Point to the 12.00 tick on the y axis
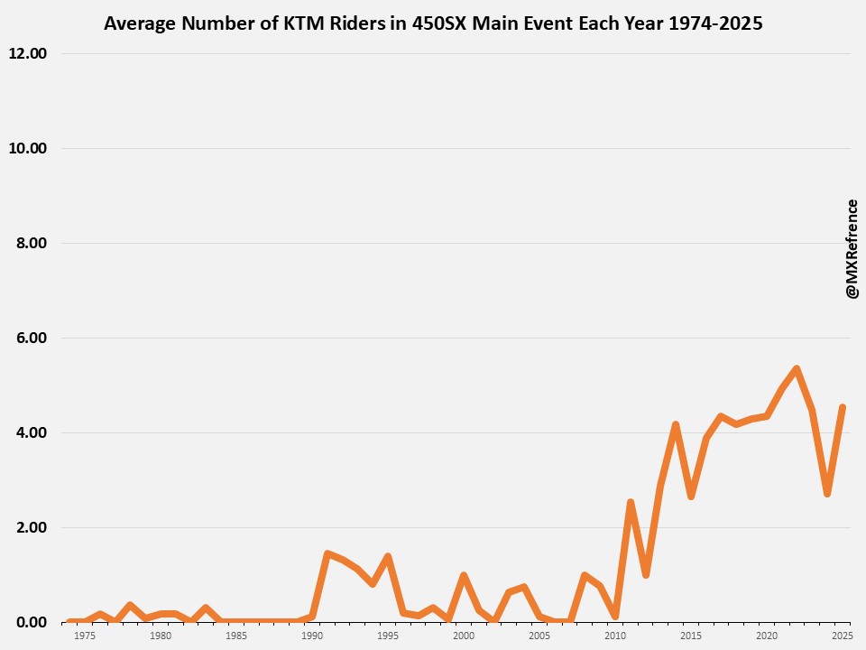point(27,53)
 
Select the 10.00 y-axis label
point(27,148)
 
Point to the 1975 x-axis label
point(85,636)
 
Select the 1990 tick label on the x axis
point(312,636)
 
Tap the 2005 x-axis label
point(539,636)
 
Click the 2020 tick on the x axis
point(767,636)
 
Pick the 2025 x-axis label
point(842,636)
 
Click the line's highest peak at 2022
point(797,368)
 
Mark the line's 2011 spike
point(631,502)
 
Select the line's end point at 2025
point(842,408)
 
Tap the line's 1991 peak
point(327,553)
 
